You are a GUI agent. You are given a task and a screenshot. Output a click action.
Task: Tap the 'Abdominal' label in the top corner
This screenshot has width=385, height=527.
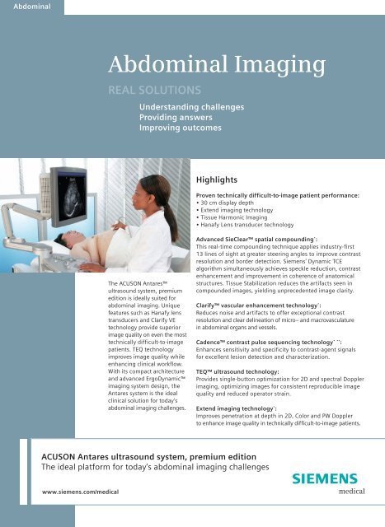(24, 8)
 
